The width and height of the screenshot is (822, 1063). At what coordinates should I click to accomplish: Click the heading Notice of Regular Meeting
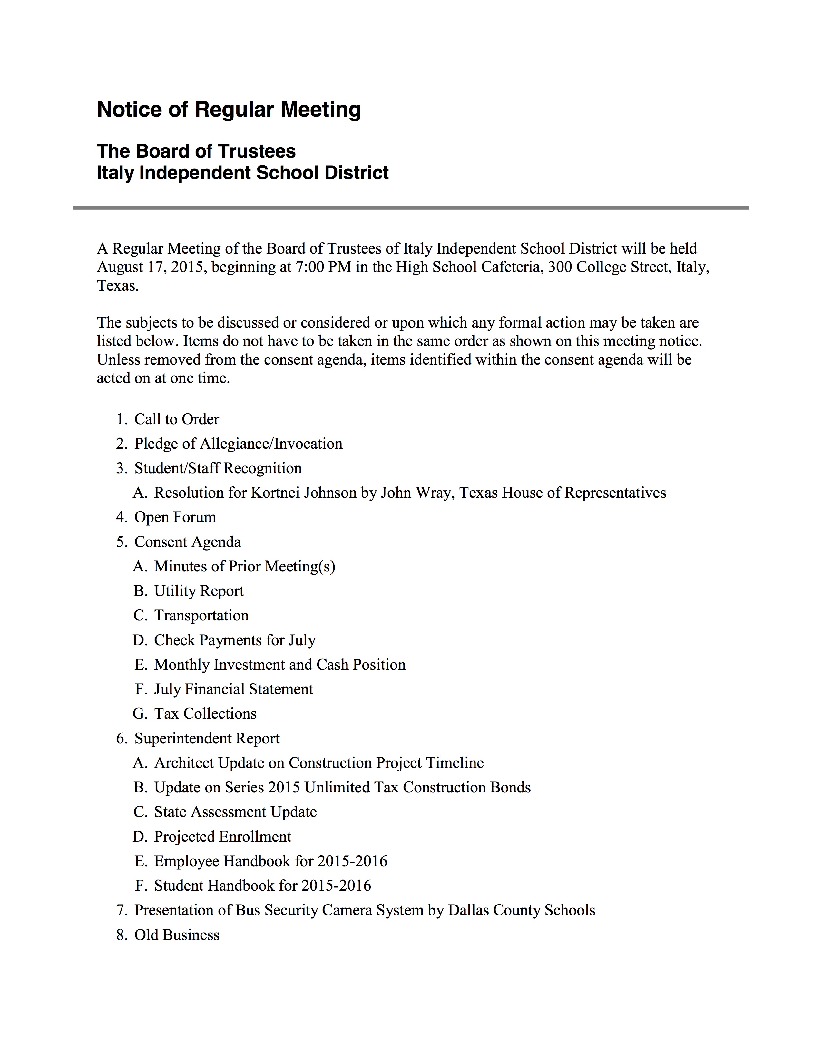coord(229,110)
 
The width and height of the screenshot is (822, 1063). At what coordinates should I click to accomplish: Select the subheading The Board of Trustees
coord(196,151)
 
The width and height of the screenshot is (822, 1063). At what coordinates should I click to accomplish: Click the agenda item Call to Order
coord(176,419)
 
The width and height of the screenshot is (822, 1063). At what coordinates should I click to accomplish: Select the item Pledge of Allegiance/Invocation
coord(238,444)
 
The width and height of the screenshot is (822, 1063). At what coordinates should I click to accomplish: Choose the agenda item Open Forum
coord(175,517)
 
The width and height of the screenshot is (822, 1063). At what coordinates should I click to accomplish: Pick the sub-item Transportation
coord(201,615)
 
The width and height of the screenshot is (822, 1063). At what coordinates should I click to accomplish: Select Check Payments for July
coord(235,640)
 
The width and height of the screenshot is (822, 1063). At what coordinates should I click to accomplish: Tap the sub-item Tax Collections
coord(205,713)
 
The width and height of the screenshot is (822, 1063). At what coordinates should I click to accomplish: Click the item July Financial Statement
coord(233,689)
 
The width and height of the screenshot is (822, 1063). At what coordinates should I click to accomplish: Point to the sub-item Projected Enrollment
coord(222,837)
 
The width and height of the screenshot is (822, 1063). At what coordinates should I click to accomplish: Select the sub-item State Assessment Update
coord(235,812)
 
